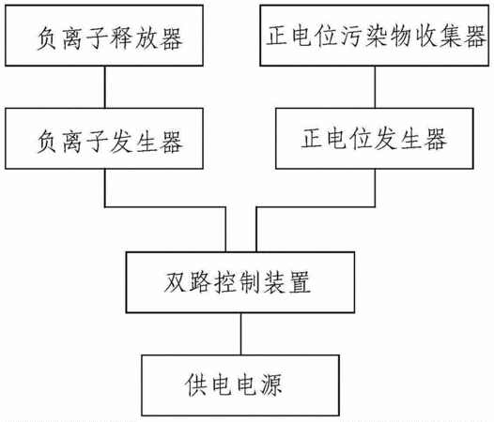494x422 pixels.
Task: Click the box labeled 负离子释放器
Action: (104, 36)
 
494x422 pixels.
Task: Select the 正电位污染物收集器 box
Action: (375, 36)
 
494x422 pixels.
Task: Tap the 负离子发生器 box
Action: (104, 139)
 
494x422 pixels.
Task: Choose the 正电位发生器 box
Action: (375, 139)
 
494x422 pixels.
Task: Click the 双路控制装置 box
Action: (240, 282)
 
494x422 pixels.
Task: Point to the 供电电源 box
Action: (240, 385)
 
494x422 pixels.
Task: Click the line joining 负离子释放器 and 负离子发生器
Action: (105, 87)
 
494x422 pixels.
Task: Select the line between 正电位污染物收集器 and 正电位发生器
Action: (375, 87)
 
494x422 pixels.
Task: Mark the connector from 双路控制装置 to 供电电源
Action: (241, 334)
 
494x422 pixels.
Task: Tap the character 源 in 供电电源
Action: (271, 385)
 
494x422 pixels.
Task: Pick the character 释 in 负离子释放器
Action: (121, 38)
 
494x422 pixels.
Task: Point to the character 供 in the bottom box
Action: (196, 385)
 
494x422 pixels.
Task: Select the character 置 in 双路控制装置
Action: (300, 282)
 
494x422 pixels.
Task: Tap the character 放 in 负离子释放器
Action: (147, 38)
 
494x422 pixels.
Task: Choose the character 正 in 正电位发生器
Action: (312, 138)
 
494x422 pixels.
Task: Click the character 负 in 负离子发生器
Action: (47, 142)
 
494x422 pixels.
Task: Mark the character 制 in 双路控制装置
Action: (250, 282)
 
